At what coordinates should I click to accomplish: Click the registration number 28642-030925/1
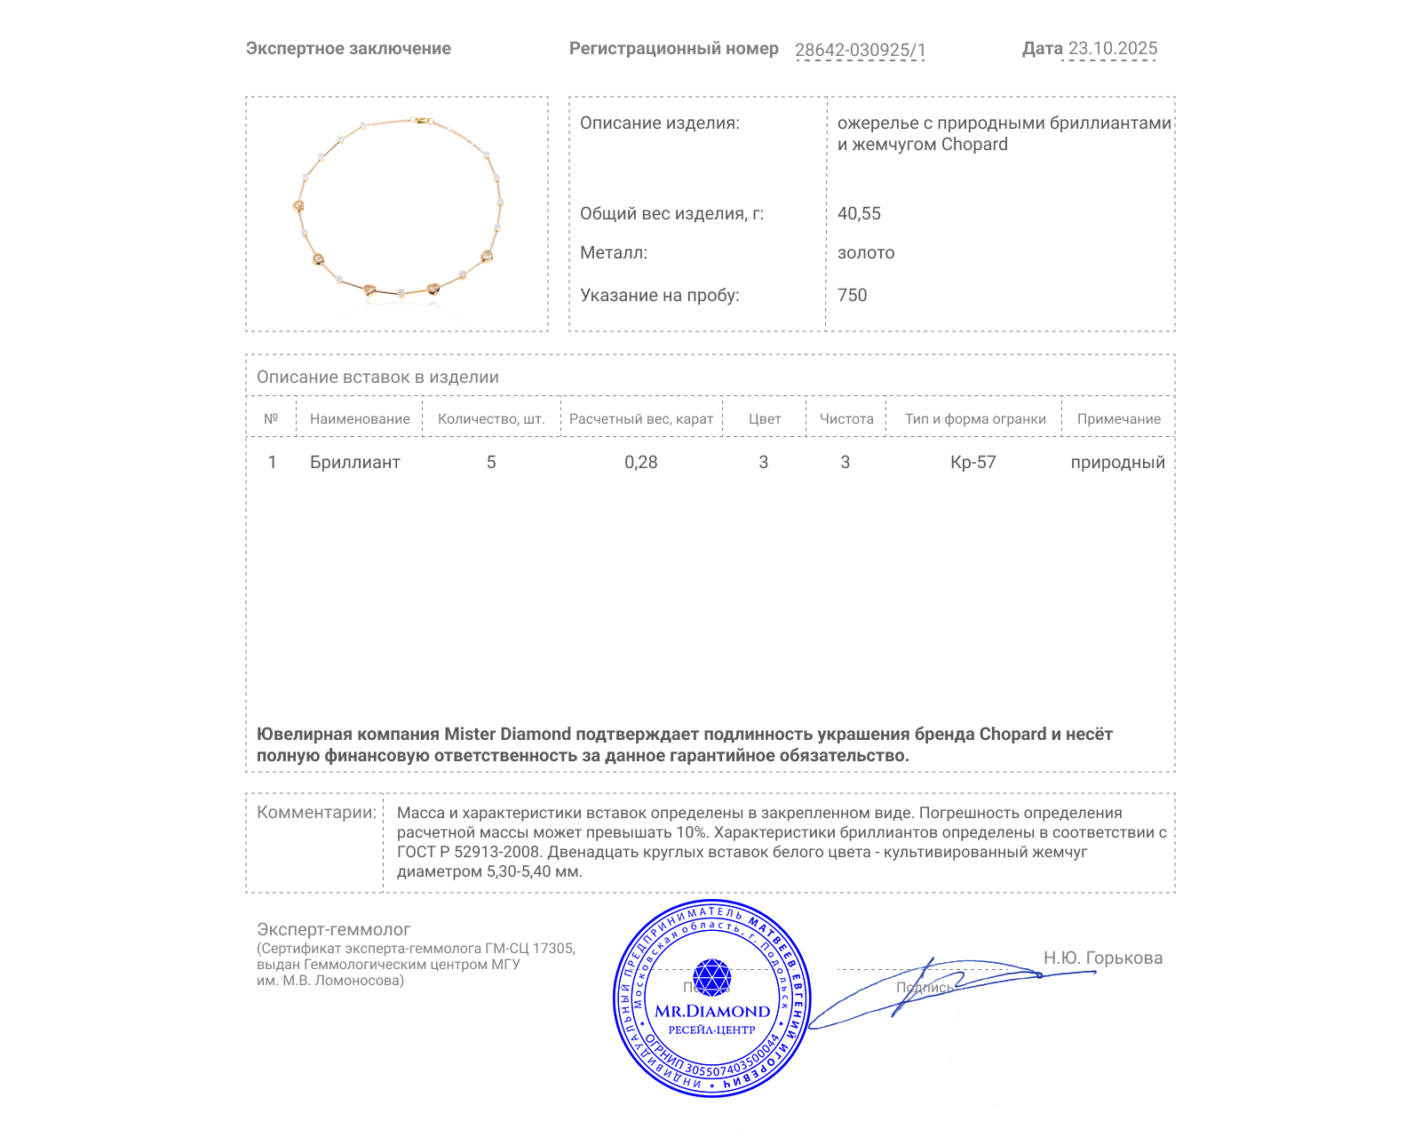tap(860, 50)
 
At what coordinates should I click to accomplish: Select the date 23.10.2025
tap(1113, 49)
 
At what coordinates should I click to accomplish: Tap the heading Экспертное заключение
tap(348, 49)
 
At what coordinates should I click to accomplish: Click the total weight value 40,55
tap(859, 214)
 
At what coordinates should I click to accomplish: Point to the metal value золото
tap(866, 253)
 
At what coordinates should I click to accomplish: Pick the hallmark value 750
tap(852, 296)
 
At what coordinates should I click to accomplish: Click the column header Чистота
tap(846, 419)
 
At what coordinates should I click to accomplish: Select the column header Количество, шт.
tap(491, 419)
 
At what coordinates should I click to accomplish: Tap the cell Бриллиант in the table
tap(354, 463)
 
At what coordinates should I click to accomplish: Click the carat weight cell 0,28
tap(640, 463)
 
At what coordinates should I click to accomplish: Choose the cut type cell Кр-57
tap(972, 463)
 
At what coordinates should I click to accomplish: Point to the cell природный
tap(1117, 463)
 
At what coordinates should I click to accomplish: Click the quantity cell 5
tap(491, 463)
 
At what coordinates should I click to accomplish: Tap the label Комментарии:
tap(316, 813)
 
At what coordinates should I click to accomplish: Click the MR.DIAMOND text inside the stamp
tap(712, 1012)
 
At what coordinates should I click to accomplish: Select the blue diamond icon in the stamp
tap(711, 977)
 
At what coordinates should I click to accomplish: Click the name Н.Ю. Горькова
tap(1102, 958)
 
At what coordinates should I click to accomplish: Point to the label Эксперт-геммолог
tap(333, 930)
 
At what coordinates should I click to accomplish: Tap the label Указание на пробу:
tap(659, 296)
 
